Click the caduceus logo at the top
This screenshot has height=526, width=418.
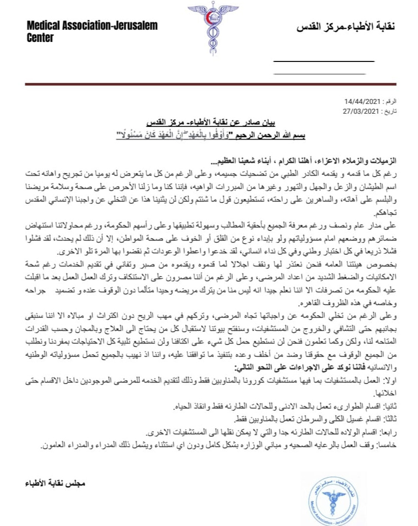click(x=209, y=29)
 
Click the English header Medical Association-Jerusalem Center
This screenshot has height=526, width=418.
click(x=92, y=32)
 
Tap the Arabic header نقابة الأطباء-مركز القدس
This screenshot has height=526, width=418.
click(x=345, y=27)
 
